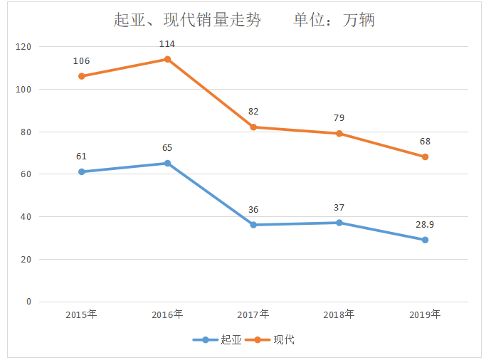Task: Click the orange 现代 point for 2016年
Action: pyautogui.click(x=167, y=59)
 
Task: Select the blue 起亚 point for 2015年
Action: pyautogui.click(x=81, y=171)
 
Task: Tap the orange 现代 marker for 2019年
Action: pyautogui.click(x=425, y=157)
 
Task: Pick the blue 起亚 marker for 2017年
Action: pyautogui.click(x=253, y=225)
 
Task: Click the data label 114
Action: pyautogui.click(x=167, y=44)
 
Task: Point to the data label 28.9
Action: pyautogui.click(x=425, y=225)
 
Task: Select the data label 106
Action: pyautogui.click(x=81, y=61)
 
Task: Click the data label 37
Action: pyautogui.click(x=339, y=208)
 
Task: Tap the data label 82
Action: pyautogui.click(x=253, y=112)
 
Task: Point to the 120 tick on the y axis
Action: pyautogui.click(x=24, y=47)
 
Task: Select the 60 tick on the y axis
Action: pyautogui.click(x=26, y=174)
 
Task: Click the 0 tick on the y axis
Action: pyautogui.click(x=29, y=302)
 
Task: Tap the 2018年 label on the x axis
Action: pyautogui.click(x=339, y=314)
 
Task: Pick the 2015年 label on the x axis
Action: pyautogui.click(x=81, y=314)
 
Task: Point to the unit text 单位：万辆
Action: pyautogui.click(x=334, y=20)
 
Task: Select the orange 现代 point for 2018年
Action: pyautogui.click(x=339, y=133)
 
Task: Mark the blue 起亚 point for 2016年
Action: pyautogui.click(x=167, y=163)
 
